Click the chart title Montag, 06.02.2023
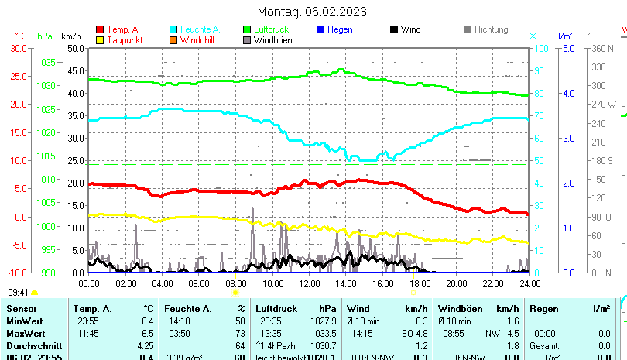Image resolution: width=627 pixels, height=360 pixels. click(x=312, y=12)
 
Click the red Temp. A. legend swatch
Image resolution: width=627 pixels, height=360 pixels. click(x=100, y=30)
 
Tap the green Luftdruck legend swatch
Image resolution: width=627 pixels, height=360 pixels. click(x=248, y=30)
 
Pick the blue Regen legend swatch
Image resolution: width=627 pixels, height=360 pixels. click(x=321, y=30)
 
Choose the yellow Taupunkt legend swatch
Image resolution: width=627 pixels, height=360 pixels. click(x=100, y=40)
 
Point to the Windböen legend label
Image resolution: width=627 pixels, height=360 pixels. click(x=272, y=40)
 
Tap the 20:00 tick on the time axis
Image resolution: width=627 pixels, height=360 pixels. click(x=456, y=284)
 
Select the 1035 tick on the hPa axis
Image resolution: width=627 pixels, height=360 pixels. click(x=46, y=62)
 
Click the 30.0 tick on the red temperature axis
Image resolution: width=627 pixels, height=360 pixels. click(x=19, y=48)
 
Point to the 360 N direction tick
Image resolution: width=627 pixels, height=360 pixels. click(x=603, y=48)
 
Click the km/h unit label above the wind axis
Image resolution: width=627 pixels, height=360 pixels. click(x=70, y=36)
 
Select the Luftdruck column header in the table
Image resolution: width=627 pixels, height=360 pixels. click(x=276, y=309)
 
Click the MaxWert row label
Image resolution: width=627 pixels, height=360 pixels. click(x=25, y=332)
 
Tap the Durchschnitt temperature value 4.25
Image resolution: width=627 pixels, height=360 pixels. click(x=145, y=345)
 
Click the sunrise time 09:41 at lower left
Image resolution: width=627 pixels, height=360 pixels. click(x=19, y=293)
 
